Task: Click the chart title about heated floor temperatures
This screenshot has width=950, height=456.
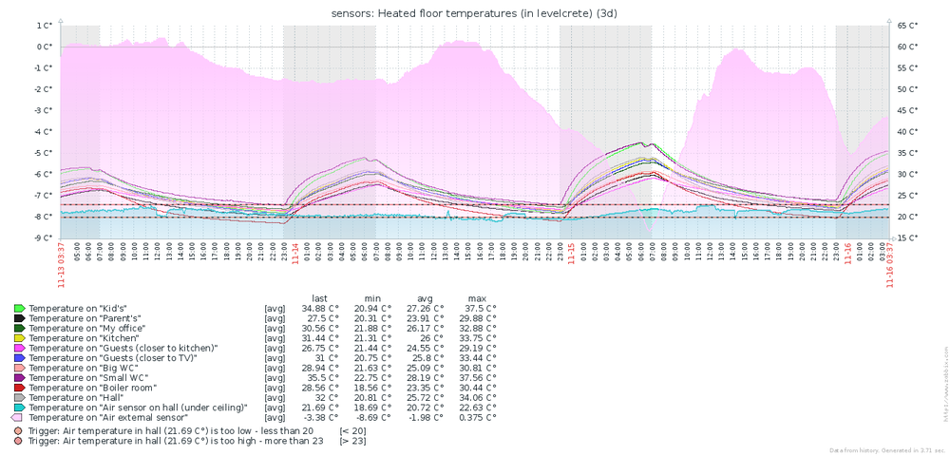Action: tap(475, 12)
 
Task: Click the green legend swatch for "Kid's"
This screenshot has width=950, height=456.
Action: tap(18, 309)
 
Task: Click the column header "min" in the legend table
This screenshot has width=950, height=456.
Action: tap(367, 297)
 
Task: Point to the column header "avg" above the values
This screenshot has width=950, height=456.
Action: tap(425, 297)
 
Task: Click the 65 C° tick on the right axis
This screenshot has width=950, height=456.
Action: tap(907, 26)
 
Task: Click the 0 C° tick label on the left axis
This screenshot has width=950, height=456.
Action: tap(43, 47)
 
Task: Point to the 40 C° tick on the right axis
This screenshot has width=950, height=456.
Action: tap(907, 132)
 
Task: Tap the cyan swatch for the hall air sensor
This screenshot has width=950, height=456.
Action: tap(18, 407)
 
